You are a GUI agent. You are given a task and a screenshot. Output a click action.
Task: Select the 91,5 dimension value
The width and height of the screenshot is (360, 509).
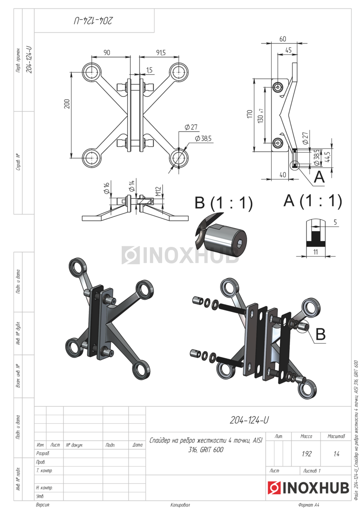pos(160,53)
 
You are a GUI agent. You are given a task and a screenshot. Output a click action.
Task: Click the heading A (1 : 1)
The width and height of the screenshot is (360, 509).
pos(313,201)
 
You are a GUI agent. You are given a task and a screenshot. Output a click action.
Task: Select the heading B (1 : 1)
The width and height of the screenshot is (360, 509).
pos(223,203)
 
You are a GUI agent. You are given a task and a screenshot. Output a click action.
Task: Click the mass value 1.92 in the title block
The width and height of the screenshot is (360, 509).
pos(307,454)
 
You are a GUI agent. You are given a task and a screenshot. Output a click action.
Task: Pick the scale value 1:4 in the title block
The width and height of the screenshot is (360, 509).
pos(336,454)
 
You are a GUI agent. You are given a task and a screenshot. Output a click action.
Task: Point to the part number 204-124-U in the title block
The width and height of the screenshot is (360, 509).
pos(249,420)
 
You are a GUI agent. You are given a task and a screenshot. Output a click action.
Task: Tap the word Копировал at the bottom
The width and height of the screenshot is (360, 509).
pos(180,505)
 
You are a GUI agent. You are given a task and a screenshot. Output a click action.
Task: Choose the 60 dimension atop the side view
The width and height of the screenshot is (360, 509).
pos(283,39)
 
